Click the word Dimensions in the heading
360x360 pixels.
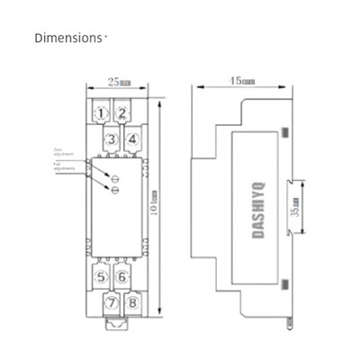coord(68,39)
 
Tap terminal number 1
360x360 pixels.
coord(103,113)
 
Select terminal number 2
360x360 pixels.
coord(121,113)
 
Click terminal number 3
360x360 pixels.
coord(112,139)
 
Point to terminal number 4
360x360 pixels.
coord(131,139)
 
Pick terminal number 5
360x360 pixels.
coord(102,277)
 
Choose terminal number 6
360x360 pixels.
coord(121,277)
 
